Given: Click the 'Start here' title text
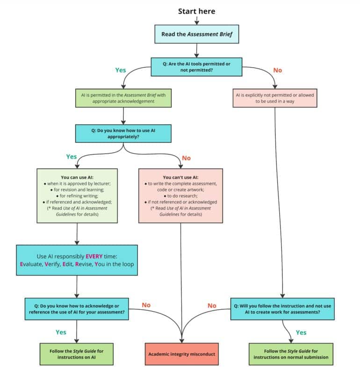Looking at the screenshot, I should point(196,11).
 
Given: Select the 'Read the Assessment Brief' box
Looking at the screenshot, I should point(196,34).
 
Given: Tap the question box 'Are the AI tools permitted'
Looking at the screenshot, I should point(196,67).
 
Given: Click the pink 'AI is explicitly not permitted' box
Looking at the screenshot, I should point(274,98).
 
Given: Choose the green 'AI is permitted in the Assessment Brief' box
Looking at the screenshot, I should point(123,98).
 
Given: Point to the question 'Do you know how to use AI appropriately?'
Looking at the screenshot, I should point(123,133).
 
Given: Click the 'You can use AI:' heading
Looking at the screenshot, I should point(77,177).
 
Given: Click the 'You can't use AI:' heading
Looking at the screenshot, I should point(180,177).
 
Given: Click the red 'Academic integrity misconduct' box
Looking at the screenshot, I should point(182,354).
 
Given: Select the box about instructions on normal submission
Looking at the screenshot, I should point(291,354).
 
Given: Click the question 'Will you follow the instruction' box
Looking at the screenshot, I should point(282,309).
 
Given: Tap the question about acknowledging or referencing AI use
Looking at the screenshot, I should point(77,309).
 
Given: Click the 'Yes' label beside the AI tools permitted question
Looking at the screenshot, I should point(121,70).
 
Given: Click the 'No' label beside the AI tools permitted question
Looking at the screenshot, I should point(278,70).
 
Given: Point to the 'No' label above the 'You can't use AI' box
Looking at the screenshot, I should point(186,158).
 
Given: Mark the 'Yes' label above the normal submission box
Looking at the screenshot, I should point(301,332).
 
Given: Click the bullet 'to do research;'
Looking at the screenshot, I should point(180,196).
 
